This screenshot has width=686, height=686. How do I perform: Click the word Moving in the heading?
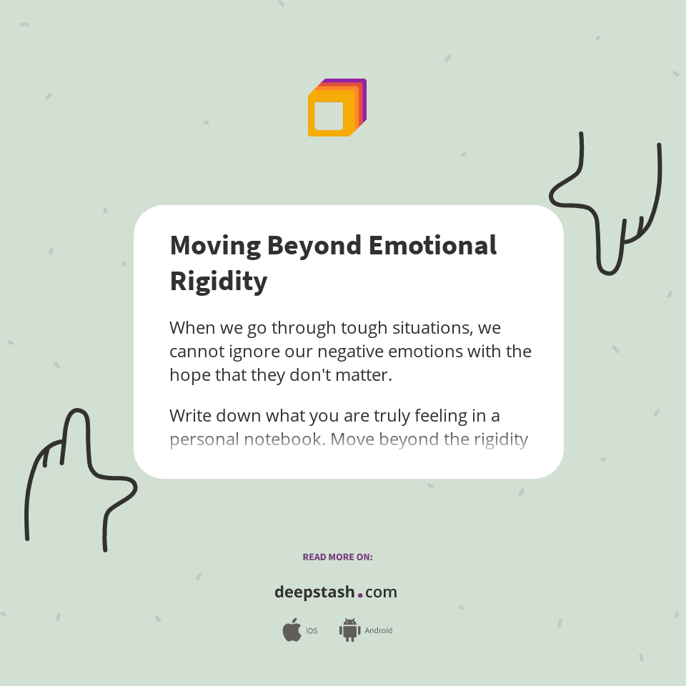pyautogui.click(x=215, y=246)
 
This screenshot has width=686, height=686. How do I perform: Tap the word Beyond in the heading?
pyautogui.click(x=314, y=246)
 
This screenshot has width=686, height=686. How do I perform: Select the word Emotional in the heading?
pyautogui.click(x=432, y=246)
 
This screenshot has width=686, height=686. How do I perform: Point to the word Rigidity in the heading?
pyautogui.click(x=218, y=281)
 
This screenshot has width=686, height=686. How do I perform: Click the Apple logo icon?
pyautogui.click(x=292, y=630)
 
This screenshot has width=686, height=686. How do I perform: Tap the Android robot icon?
pyautogui.click(x=349, y=630)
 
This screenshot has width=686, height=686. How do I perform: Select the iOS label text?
pyautogui.click(x=312, y=631)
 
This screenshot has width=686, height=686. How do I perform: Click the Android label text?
pyautogui.click(x=379, y=631)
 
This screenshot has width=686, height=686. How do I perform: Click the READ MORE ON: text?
pyautogui.click(x=337, y=557)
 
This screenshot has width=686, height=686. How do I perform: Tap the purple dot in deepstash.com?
pyautogui.click(x=360, y=595)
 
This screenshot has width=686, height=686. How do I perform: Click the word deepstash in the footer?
pyautogui.click(x=314, y=592)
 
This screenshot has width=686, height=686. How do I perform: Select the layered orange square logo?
pyautogui.click(x=337, y=108)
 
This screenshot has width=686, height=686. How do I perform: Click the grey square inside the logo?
pyautogui.click(x=329, y=116)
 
